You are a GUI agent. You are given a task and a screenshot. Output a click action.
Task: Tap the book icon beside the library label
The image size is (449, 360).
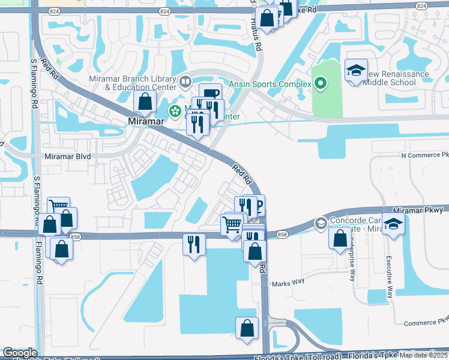185,81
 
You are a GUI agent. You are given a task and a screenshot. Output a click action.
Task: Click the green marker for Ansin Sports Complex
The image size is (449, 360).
321,84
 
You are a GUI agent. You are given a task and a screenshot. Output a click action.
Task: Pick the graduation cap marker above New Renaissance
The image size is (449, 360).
356,70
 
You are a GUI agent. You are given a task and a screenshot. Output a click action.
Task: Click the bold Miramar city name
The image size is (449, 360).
147,120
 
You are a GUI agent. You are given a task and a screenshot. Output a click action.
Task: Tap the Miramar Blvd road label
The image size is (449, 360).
67,156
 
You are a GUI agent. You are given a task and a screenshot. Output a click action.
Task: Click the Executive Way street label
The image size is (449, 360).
389,277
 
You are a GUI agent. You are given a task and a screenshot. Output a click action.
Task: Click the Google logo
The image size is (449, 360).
20,353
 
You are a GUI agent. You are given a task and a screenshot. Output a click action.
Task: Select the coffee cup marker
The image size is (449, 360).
211,94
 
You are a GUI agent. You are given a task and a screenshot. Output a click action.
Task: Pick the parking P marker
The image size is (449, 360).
259,206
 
